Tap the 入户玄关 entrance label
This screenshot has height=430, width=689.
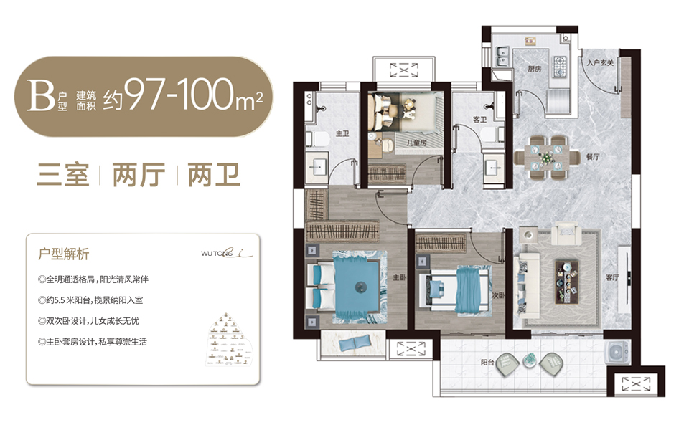599,63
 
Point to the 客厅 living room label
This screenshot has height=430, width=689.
611,277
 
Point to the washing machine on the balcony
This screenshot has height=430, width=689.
618,352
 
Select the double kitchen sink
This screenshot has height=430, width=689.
502,56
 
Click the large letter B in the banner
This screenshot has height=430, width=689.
37,96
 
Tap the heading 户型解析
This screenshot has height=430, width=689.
64,253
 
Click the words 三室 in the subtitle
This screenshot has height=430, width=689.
62,174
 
